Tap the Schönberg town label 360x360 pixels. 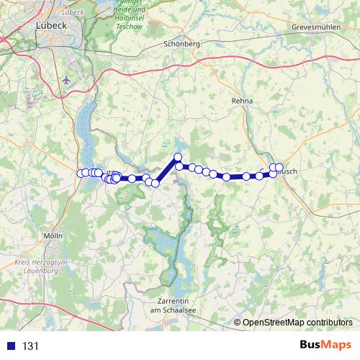[181, 43]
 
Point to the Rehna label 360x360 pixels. [242, 102]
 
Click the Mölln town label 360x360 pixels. [53, 236]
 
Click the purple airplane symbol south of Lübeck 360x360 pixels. [67, 80]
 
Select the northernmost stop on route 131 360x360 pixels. [178, 157]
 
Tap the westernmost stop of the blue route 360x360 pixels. [81, 173]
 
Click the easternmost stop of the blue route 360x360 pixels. [279, 168]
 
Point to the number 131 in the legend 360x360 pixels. [30, 346]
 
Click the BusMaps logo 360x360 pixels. [325, 346]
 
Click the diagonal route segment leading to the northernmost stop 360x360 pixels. [167, 170]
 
